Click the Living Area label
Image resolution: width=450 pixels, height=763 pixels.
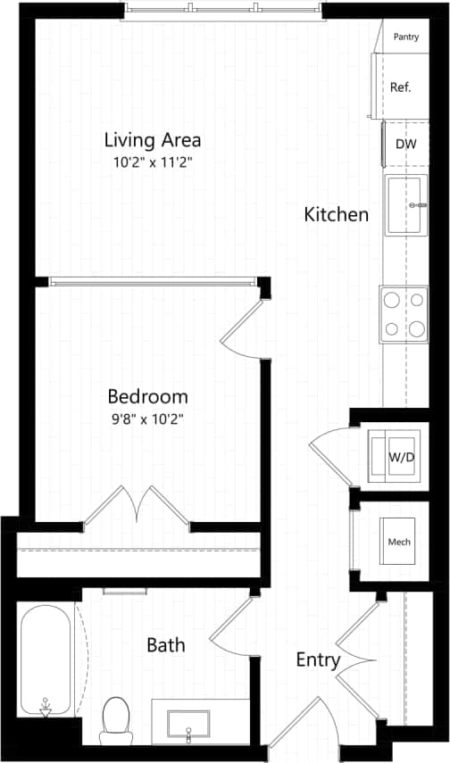point(152,140)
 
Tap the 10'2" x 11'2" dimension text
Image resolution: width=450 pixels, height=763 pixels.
point(152,163)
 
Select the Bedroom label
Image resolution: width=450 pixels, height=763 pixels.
point(147,396)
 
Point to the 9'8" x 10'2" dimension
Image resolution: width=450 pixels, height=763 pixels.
point(147,418)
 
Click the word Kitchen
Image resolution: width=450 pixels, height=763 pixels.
point(336,214)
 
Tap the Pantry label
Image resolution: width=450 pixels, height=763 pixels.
point(405,37)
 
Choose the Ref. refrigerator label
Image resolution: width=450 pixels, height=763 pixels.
point(400,87)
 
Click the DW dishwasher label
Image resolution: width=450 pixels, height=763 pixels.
point(405,144)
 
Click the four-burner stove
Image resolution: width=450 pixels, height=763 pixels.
point(404,314)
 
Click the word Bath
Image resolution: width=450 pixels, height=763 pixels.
point(166,643)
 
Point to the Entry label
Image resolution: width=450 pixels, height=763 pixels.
point(319,660)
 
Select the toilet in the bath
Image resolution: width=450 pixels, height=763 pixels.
point(116,718)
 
